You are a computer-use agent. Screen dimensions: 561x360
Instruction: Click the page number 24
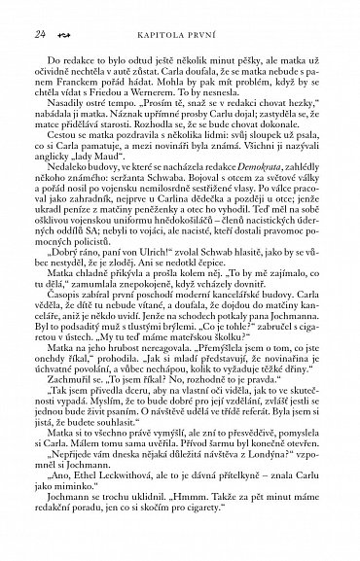[x=40, y=34]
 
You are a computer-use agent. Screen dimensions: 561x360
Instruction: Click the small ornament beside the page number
[x=58, y=35]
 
